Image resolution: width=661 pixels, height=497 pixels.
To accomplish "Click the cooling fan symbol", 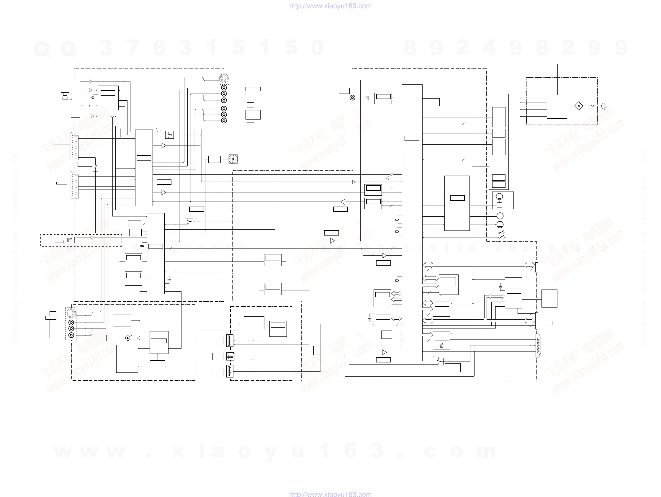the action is coord(233,159).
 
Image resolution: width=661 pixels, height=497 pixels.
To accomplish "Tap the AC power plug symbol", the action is coord(603,106).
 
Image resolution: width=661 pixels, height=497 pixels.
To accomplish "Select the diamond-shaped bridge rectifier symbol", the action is coord(579,106).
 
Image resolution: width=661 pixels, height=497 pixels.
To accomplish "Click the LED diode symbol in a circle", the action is coord(128,338).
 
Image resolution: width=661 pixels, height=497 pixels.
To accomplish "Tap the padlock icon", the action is coord(442,346).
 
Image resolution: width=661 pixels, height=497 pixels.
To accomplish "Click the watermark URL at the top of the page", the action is coord(330,6).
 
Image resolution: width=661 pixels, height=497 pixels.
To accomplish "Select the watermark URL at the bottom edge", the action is coord(330,494).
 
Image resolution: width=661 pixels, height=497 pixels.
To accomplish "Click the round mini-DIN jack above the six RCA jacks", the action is coord(223,79).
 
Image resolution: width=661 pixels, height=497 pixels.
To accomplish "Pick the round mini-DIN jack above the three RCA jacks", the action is coord(71,313).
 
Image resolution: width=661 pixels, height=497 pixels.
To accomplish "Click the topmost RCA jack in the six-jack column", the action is coord(224,88).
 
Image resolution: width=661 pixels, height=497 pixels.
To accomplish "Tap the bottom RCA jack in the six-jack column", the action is coord(224,120).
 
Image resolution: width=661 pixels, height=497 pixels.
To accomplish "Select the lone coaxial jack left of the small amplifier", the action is coord(353,98).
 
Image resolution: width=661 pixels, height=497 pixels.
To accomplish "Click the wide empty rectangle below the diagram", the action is coord(477,391).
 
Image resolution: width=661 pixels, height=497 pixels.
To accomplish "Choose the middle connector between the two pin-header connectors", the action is coord(230,356).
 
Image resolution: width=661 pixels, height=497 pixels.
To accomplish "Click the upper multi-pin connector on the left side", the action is coord(74,146).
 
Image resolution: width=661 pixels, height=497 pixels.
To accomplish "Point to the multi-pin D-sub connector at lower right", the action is coord(538,346).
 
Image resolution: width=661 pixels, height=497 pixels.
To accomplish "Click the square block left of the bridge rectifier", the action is coord(557,107).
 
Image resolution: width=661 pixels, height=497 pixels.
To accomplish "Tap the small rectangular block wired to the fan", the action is coord(214,159).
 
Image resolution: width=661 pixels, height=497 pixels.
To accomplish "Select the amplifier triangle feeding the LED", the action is coord(138,338).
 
